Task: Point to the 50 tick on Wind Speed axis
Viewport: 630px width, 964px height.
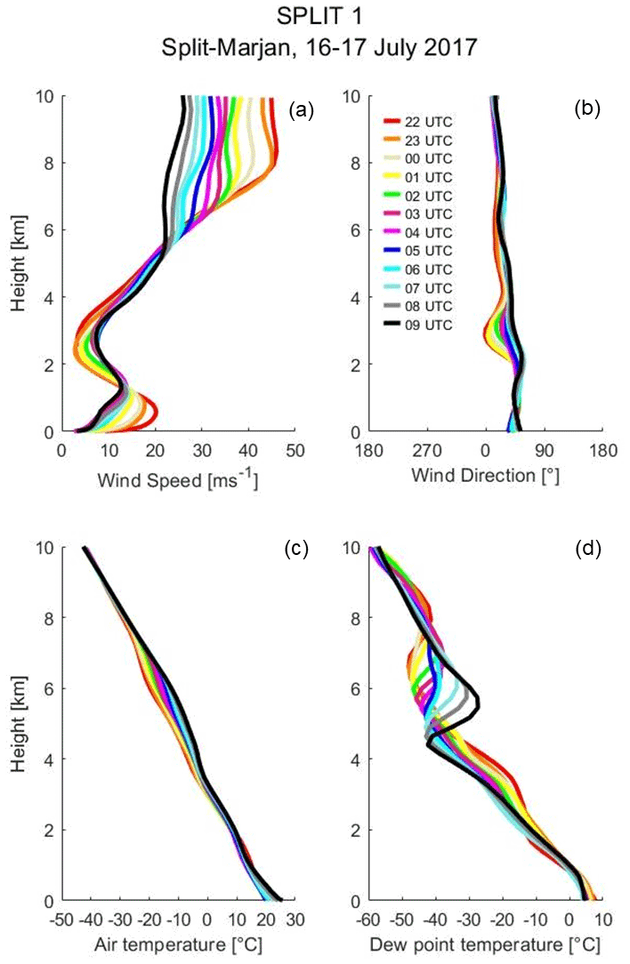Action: [x=295, y=451]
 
